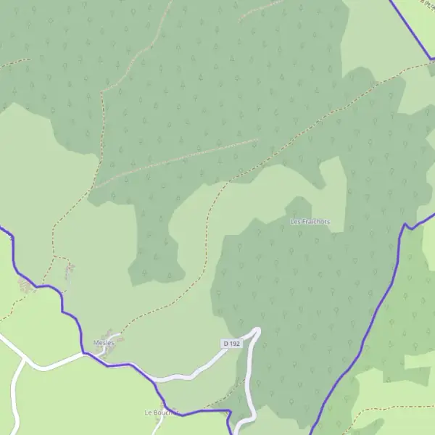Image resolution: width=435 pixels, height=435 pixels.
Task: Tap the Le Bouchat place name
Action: pos(157,413)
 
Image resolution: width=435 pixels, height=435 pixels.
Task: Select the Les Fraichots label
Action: pos(310,221)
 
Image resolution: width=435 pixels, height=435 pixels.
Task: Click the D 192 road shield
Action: pos(231,342)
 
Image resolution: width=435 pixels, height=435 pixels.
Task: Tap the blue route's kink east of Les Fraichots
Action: pos(408,226)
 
